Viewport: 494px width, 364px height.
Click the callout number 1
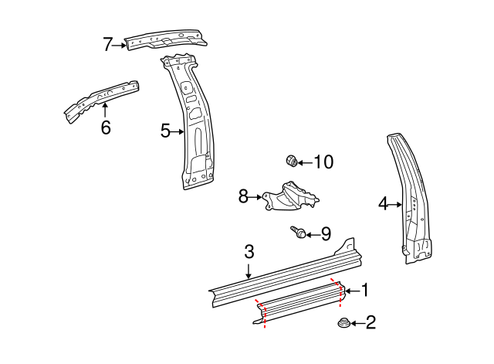pos(364,291)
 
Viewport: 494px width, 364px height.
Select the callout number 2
pos(370,323)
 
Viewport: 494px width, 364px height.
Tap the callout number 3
pos(249,251)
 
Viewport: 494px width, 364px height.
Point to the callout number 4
pos(383,204)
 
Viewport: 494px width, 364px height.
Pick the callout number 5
pos(165,131)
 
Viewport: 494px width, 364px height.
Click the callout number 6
pos(106,128)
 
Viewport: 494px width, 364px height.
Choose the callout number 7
pos(108,45)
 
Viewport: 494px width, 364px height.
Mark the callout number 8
pos(244,197)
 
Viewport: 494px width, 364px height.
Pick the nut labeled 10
pos(290,161)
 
